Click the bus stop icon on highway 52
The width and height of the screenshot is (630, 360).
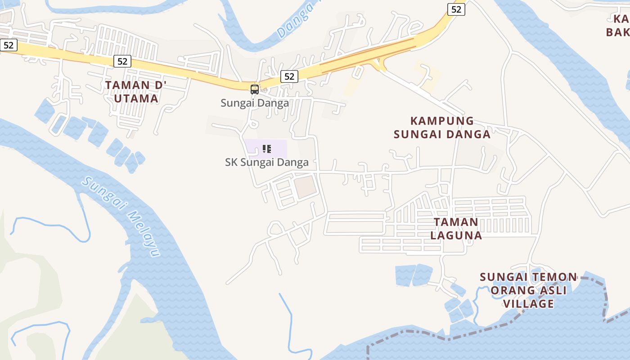pyautogui.click(x=254, y=89)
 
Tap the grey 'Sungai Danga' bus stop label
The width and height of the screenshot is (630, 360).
pyautogui.click(x=254, y=103)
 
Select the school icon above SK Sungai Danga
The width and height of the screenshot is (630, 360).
pyautogui.click(x=267, y=148)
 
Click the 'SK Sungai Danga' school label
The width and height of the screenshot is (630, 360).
pyautogui.click(x=267, y=162)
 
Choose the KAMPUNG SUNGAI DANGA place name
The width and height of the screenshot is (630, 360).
pyautogui.click(x=442, y=127)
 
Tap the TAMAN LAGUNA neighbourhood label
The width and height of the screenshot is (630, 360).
pyautogui.click(x=456, y=229)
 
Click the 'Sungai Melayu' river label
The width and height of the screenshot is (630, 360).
pyautogui.click(x=121, y=216)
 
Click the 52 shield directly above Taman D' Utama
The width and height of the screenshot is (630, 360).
pyautogui.click(x=122, y=61)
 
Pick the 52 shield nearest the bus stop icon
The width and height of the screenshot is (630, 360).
pyautogui.click(x=289, y=76)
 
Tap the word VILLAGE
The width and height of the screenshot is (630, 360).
pyautogui.click(x=528, y=304)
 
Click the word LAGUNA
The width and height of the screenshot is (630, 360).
pyautogui.click(x=456, y=235)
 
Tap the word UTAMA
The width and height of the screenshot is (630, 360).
pyautogui.click(x=136, y=98)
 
